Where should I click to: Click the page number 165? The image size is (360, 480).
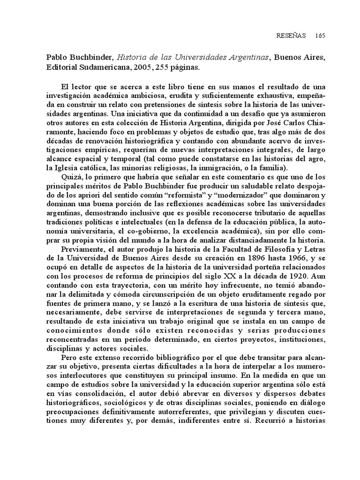pos(320,36)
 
